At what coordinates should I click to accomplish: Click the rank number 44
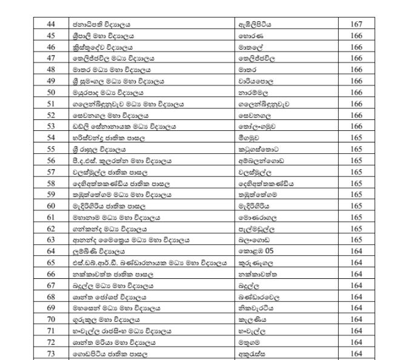[51, 24]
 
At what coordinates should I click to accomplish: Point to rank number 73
[51, 353]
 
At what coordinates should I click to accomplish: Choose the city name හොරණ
[250, 35]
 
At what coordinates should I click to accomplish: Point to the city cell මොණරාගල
[259, 216]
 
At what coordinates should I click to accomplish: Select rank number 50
[51, 92]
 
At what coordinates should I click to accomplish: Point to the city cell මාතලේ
[251, 47]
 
